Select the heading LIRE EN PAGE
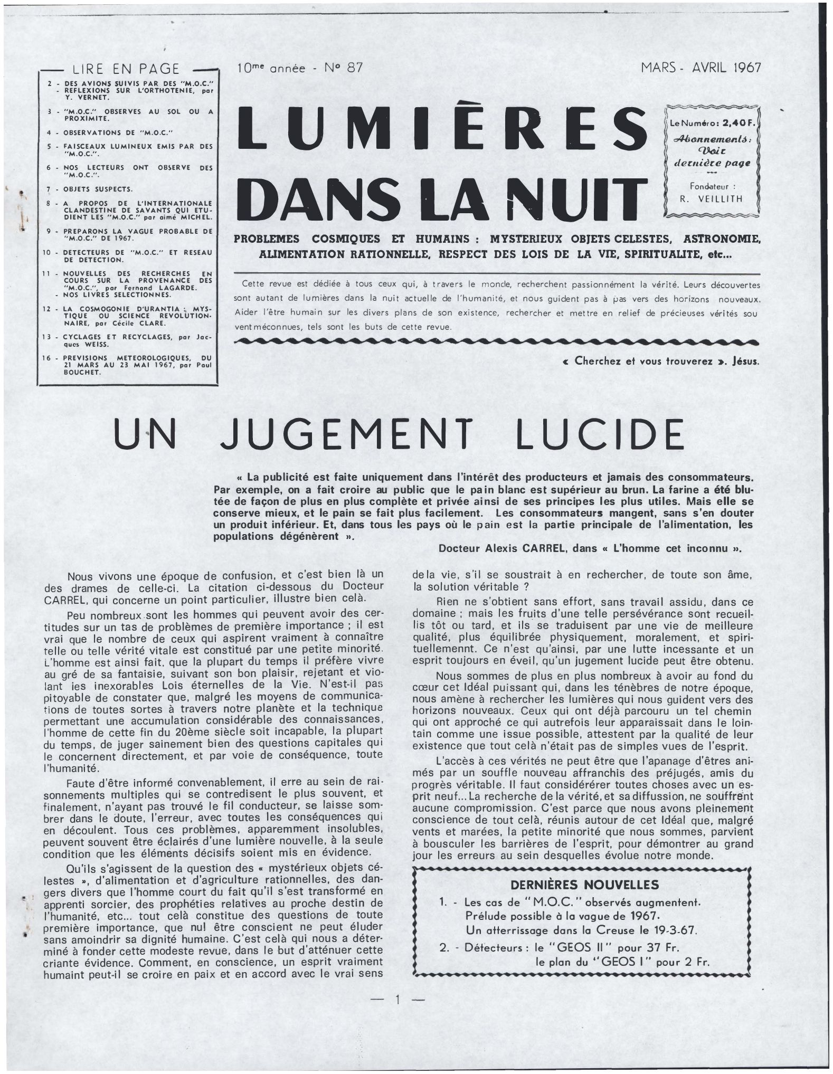click(126, 69)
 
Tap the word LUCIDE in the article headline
click(598, 435)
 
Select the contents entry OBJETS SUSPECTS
click(98, 189)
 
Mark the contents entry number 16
click(46, 357)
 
